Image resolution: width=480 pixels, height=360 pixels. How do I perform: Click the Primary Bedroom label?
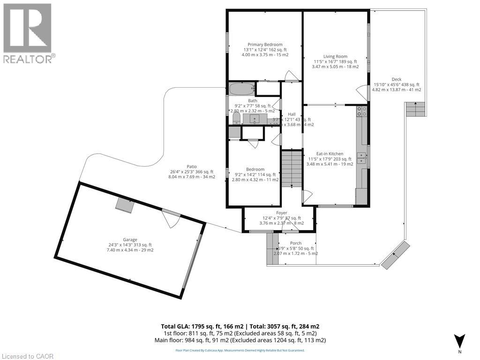click(265, 45)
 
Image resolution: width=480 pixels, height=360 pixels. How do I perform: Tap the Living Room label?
click(335, 56)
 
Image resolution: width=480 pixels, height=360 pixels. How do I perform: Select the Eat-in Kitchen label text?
click(330, 154)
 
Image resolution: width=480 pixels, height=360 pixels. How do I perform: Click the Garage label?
click(130, 240)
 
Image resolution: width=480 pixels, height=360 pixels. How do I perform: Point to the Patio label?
click(191, 166)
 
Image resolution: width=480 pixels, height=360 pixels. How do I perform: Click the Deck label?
click(396, 79)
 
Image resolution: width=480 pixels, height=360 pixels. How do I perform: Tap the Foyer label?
click(281, 213)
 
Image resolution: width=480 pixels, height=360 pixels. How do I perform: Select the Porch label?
click(295, 243)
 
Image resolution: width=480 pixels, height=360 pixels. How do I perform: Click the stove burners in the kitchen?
click(361, 112)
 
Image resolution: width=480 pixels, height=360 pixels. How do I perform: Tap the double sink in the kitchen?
click(361, 157)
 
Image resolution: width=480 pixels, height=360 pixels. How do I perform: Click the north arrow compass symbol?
click(460, 341)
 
